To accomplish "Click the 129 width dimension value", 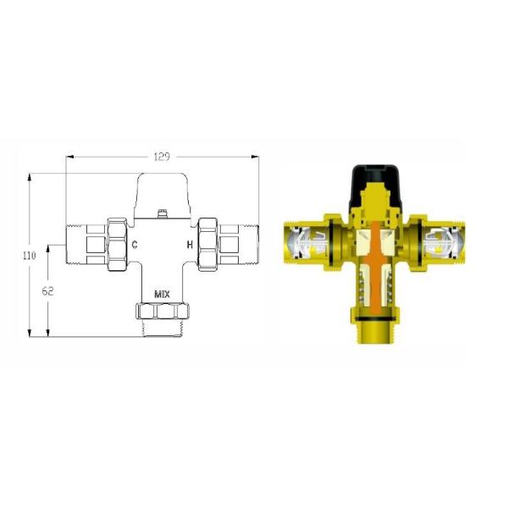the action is click(x=162, y=157).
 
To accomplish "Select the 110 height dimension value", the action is click(x=29, y=256).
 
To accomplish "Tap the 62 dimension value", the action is click(x=47, y=291).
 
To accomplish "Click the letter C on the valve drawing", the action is click(x=135, y=245).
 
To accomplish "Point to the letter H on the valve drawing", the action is click(x=190, y=245).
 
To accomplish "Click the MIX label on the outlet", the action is click(x=162, y=295).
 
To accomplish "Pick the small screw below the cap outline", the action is click(x=162, y=214).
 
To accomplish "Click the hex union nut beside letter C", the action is click(x=117, y=245).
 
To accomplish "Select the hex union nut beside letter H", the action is click(x=207, y=245).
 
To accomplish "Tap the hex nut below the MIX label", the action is click(x=162, y=311).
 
